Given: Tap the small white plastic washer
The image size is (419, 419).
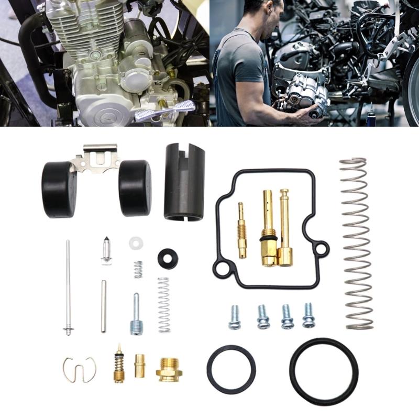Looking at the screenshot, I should (136, 242).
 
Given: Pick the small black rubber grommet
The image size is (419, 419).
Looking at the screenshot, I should (168, 258).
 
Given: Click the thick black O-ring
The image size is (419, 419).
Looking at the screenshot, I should (324, 371).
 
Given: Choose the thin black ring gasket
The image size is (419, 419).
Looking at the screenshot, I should (231, 369).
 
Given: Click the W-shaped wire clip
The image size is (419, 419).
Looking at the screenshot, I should (79, 369).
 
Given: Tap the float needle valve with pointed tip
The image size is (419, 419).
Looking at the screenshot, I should (106, 251).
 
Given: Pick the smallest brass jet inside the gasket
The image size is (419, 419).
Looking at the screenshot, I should (242, 230).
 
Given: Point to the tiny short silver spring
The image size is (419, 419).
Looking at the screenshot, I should (138, 269).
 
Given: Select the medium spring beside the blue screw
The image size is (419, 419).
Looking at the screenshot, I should (164, 304).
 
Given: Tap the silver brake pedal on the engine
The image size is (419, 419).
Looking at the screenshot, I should (165, 109).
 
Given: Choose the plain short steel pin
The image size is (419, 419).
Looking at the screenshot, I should (104, 306).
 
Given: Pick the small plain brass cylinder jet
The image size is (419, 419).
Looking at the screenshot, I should (139, 365).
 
